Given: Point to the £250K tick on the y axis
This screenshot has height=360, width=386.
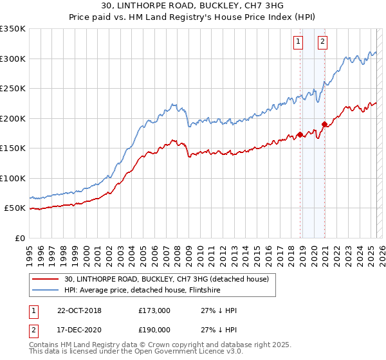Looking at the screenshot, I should click(13, 89).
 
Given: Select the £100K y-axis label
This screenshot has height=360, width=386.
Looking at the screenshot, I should click(13, 179).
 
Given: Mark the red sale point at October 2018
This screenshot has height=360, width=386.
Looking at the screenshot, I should click(300, 135).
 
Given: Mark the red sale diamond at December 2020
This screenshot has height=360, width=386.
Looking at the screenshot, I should click(325, 124).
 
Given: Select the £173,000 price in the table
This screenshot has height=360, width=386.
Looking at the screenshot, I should click(154, 310).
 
